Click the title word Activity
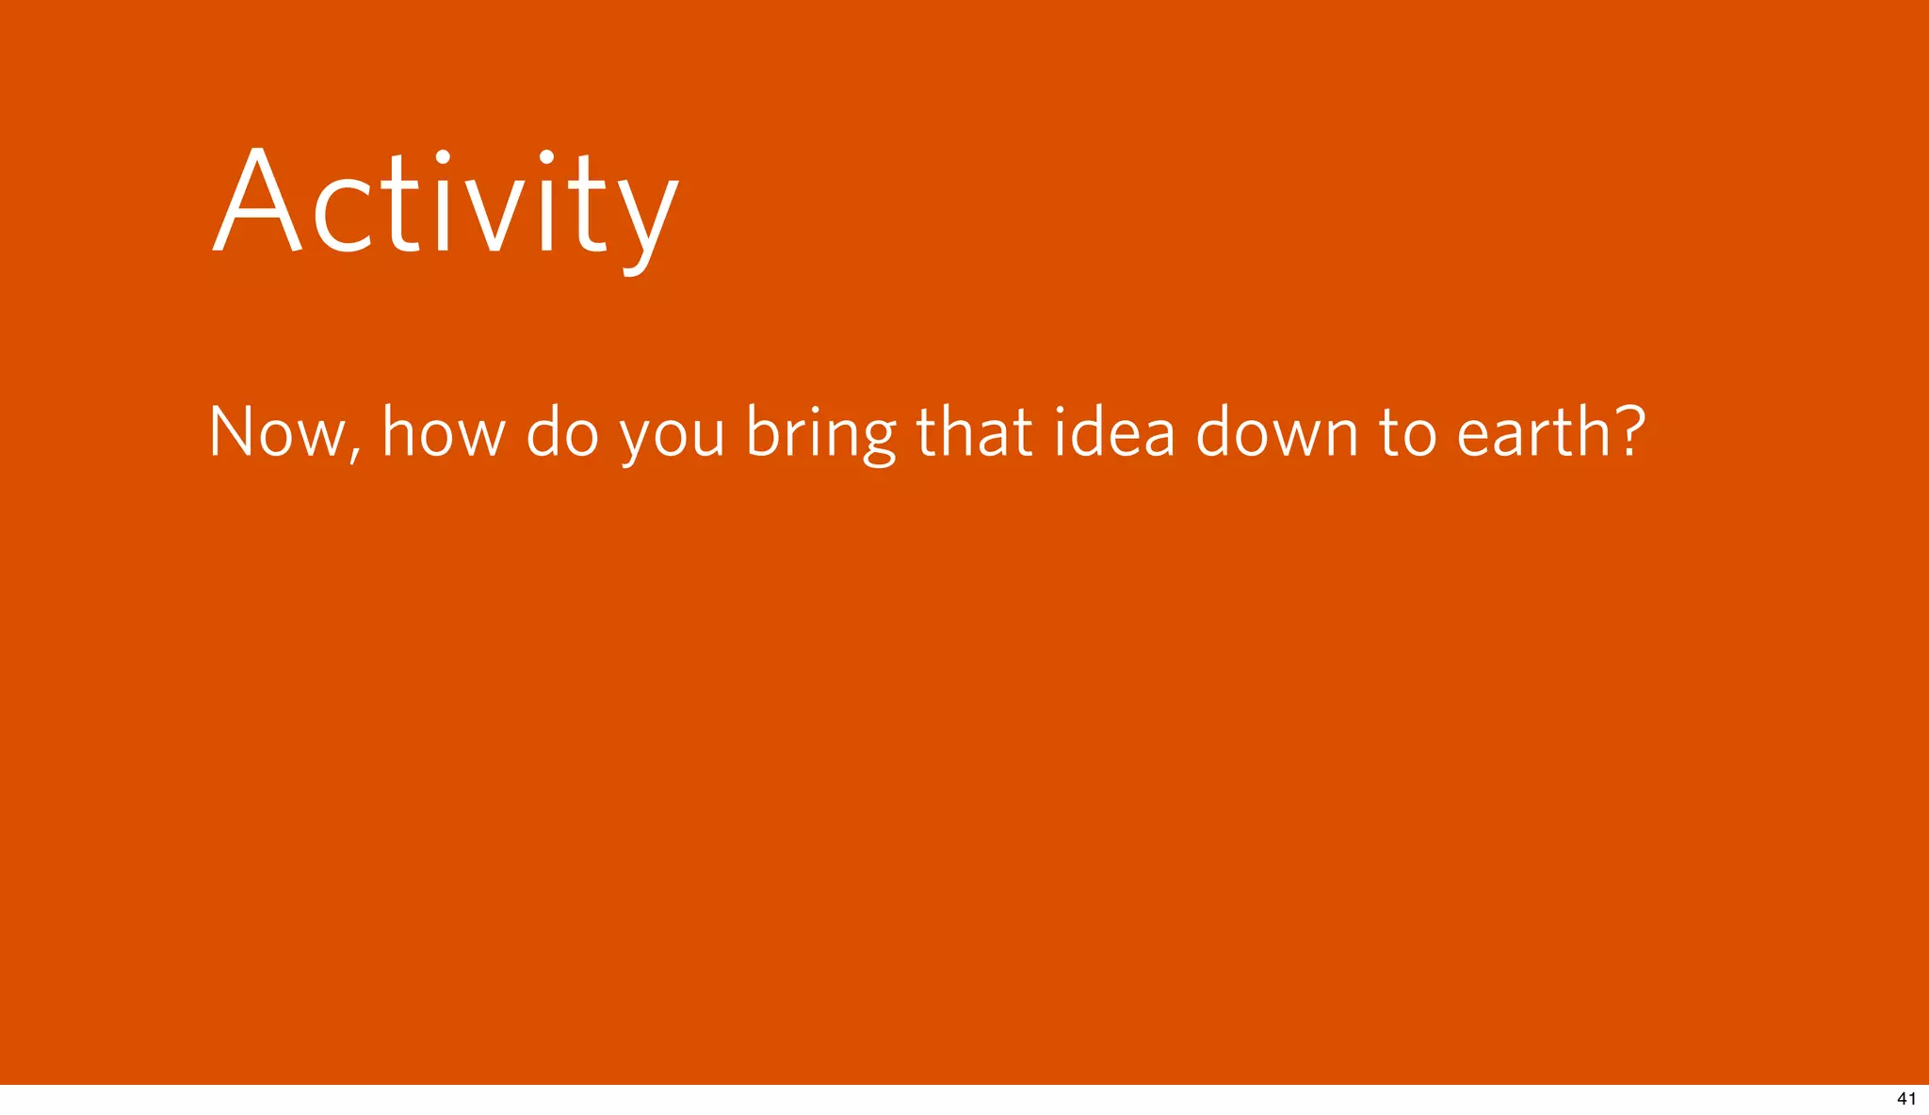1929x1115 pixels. (445, 202)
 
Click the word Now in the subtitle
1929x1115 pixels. (277, 433)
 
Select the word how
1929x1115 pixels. (444, 433)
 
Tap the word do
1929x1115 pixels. (561, 433)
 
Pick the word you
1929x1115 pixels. (672, 439)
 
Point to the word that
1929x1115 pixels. (974, 433)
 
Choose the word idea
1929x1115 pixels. (1114, 433)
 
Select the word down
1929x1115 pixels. (1276, 433)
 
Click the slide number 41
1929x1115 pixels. (1905, 1099)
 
